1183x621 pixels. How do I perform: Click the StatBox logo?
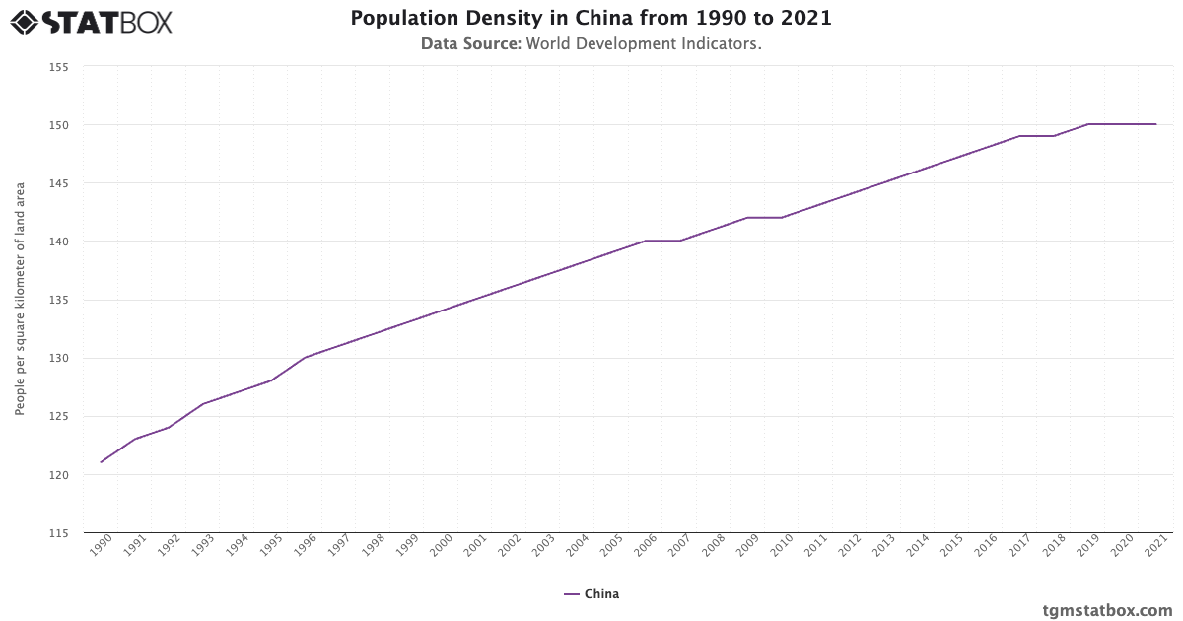(x=91, y=21)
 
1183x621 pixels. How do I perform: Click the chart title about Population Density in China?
(x=591, y=19)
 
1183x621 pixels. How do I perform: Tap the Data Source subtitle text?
(x=591, y=44)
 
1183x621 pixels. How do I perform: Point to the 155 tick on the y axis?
(x=58, y=67)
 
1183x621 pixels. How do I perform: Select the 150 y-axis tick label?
(x=58, y=125)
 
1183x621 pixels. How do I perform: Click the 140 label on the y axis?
(x=58, y=241)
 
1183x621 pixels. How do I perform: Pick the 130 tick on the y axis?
(x=58, y=358)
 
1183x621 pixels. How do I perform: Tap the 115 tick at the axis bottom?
(x=58, y=533)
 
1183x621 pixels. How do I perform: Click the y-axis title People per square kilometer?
(x=20, y=299)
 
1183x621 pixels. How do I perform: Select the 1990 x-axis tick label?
(x=100, y=547)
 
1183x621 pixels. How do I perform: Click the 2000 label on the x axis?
(x=441, y=547)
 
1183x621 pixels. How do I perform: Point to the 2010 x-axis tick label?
(x=781, y=547)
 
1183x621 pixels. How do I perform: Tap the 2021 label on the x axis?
(x=1155, y=547)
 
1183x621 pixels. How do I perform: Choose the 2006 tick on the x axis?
(x=645, y=547)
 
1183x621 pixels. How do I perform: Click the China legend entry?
(x=591, y=594)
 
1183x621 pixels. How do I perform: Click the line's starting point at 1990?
(x=101, y=462)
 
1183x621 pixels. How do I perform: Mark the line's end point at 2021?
(x=1155, y=124)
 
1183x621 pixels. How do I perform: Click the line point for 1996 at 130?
(x=305, y=358)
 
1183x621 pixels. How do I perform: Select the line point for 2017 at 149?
(x=1019, y=136)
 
